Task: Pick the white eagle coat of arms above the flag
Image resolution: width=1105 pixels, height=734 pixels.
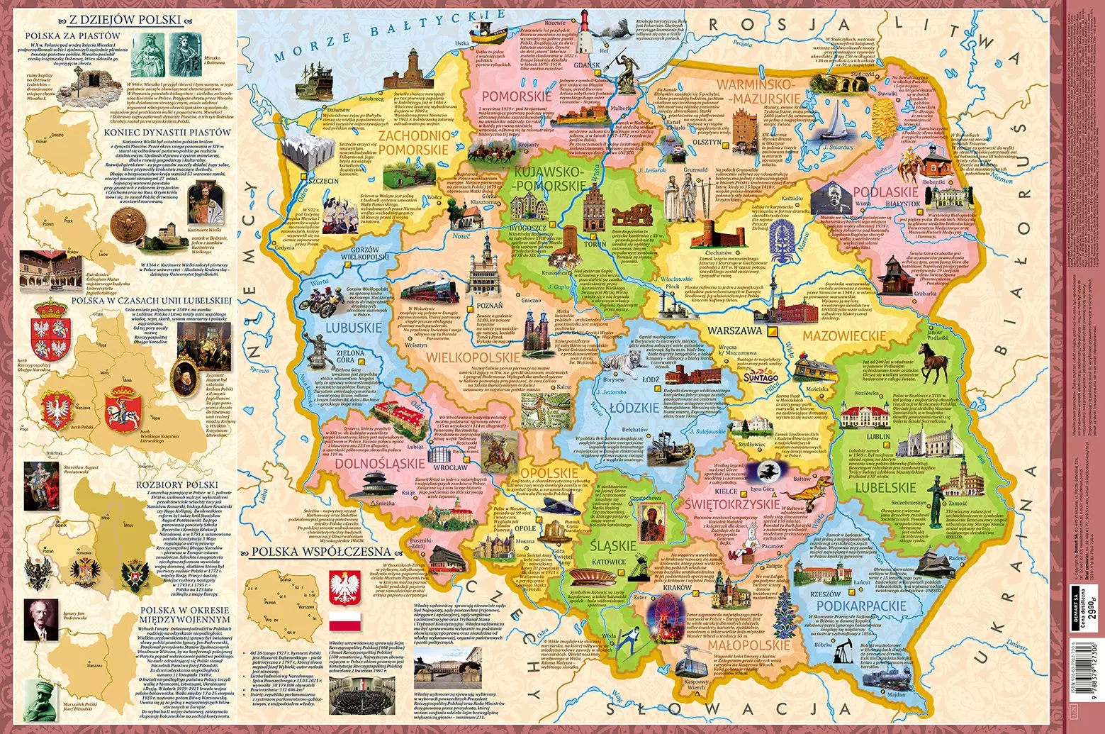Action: pos(345,584)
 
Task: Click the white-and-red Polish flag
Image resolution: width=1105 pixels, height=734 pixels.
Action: pos(345,621)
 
